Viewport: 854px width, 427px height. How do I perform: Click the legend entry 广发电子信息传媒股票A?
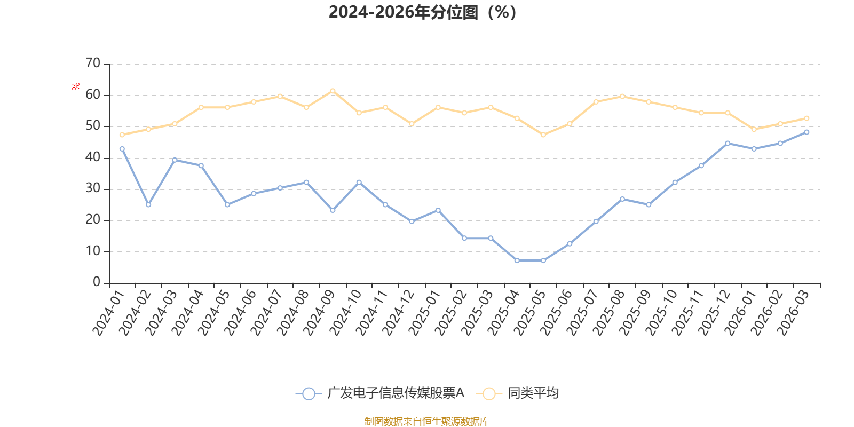coord(395,393)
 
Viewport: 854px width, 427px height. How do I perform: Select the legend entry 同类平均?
coord(533,393)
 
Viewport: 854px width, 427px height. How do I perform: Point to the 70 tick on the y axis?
coord(93,64)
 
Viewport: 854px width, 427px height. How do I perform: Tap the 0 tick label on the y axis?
coord(97,282)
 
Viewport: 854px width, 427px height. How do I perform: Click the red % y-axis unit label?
coord(76,86)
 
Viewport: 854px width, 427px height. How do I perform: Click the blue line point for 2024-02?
coord(148,205)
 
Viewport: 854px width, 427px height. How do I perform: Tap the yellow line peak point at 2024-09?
coord(333,91)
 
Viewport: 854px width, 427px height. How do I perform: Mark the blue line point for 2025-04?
coord(517,260)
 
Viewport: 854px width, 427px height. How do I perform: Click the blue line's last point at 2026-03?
coord(806,132)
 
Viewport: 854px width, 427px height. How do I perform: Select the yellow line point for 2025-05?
coord(543,135)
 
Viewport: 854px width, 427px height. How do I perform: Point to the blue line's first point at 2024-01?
coord(122,149)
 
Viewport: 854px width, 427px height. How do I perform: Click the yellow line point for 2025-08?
coord(622,96)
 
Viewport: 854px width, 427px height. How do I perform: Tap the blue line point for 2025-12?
coord(728,143)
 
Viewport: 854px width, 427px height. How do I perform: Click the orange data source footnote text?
coord(426,422)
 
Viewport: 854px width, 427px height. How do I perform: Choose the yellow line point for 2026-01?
coord(754,129)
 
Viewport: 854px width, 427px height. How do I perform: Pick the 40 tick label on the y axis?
coord(93,157)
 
